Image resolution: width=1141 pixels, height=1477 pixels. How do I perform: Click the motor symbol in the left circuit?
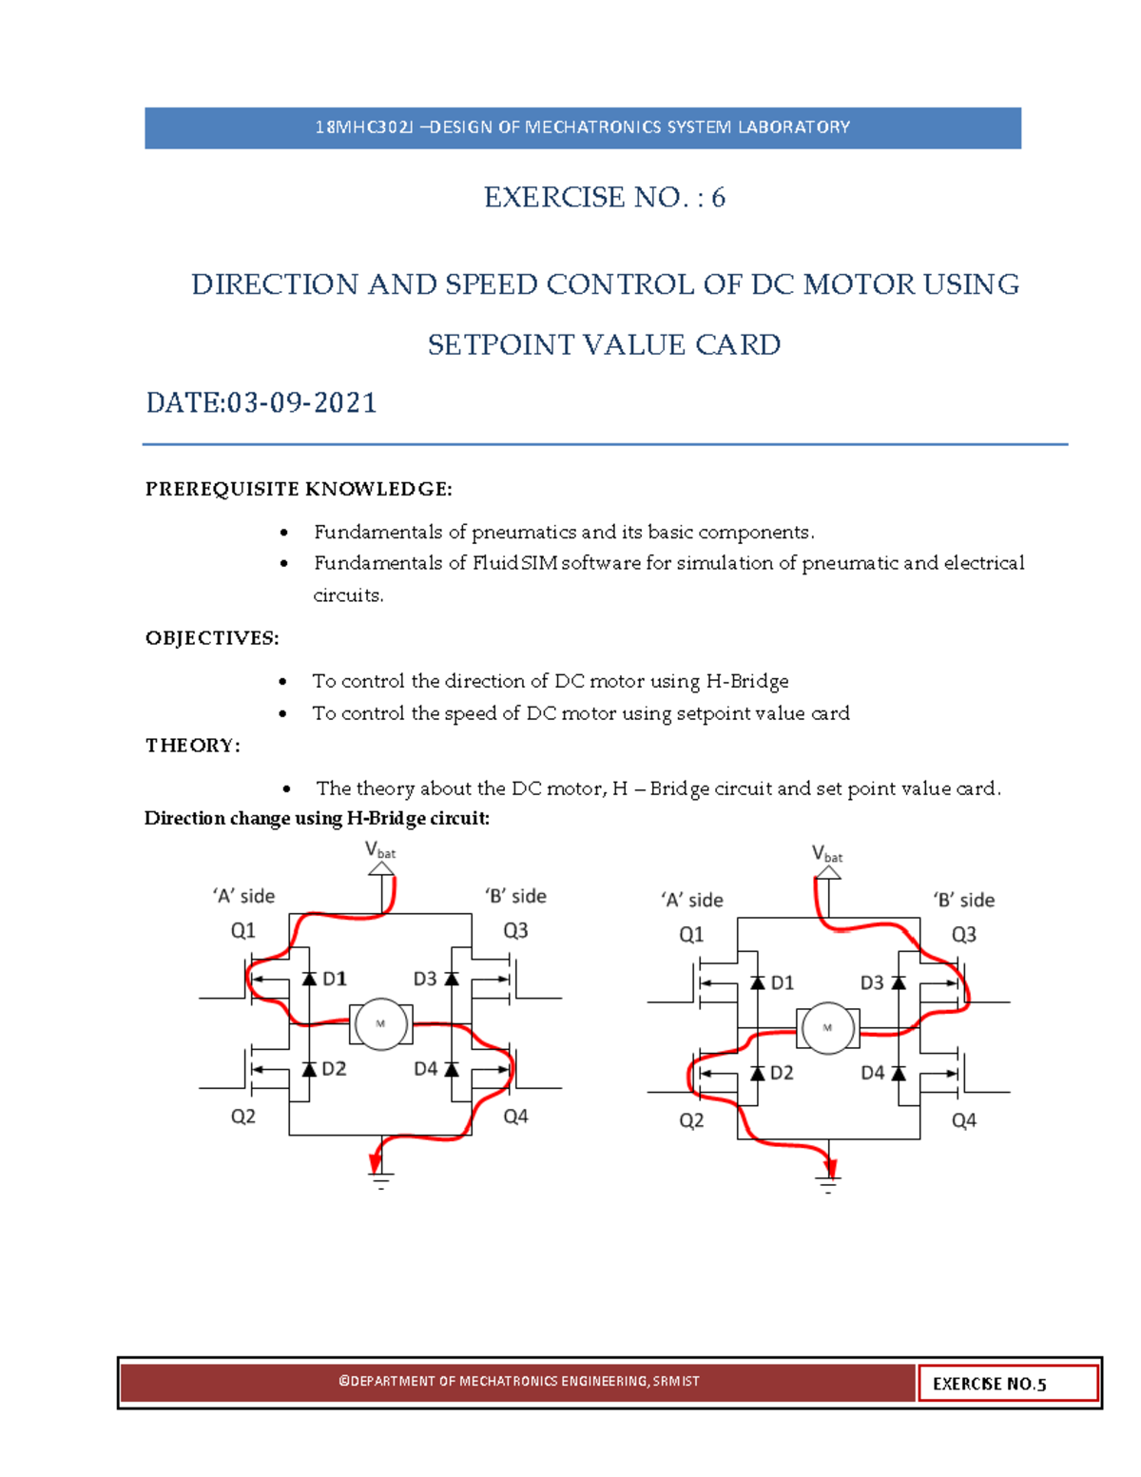point(380,1024)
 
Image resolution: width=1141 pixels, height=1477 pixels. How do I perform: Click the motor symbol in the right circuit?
point(827,1028)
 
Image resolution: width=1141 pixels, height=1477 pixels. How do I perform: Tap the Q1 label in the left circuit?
point(243,930)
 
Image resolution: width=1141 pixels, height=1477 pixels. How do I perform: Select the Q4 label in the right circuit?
point(963,1120)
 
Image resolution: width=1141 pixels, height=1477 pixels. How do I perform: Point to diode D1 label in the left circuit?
point(334,979)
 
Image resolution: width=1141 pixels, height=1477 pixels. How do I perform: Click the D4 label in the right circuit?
point(872,1073)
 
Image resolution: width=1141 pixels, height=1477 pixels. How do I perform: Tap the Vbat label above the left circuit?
point(380,850)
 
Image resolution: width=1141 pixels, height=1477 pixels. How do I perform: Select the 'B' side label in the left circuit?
point(515,896)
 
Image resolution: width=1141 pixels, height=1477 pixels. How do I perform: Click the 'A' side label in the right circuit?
point(691,900)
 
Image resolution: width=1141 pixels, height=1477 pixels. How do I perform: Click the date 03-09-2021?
point(301,403)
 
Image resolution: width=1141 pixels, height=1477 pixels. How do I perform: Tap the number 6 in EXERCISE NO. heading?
point(718,197)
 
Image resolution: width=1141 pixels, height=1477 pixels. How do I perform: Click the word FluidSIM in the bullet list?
point(514,563)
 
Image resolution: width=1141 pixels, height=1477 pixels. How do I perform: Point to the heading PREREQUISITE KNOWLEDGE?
point(299,489)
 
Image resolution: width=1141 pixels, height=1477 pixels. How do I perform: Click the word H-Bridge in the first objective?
point(746,681)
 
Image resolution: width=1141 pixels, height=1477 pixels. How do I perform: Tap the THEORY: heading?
point(192,746)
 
